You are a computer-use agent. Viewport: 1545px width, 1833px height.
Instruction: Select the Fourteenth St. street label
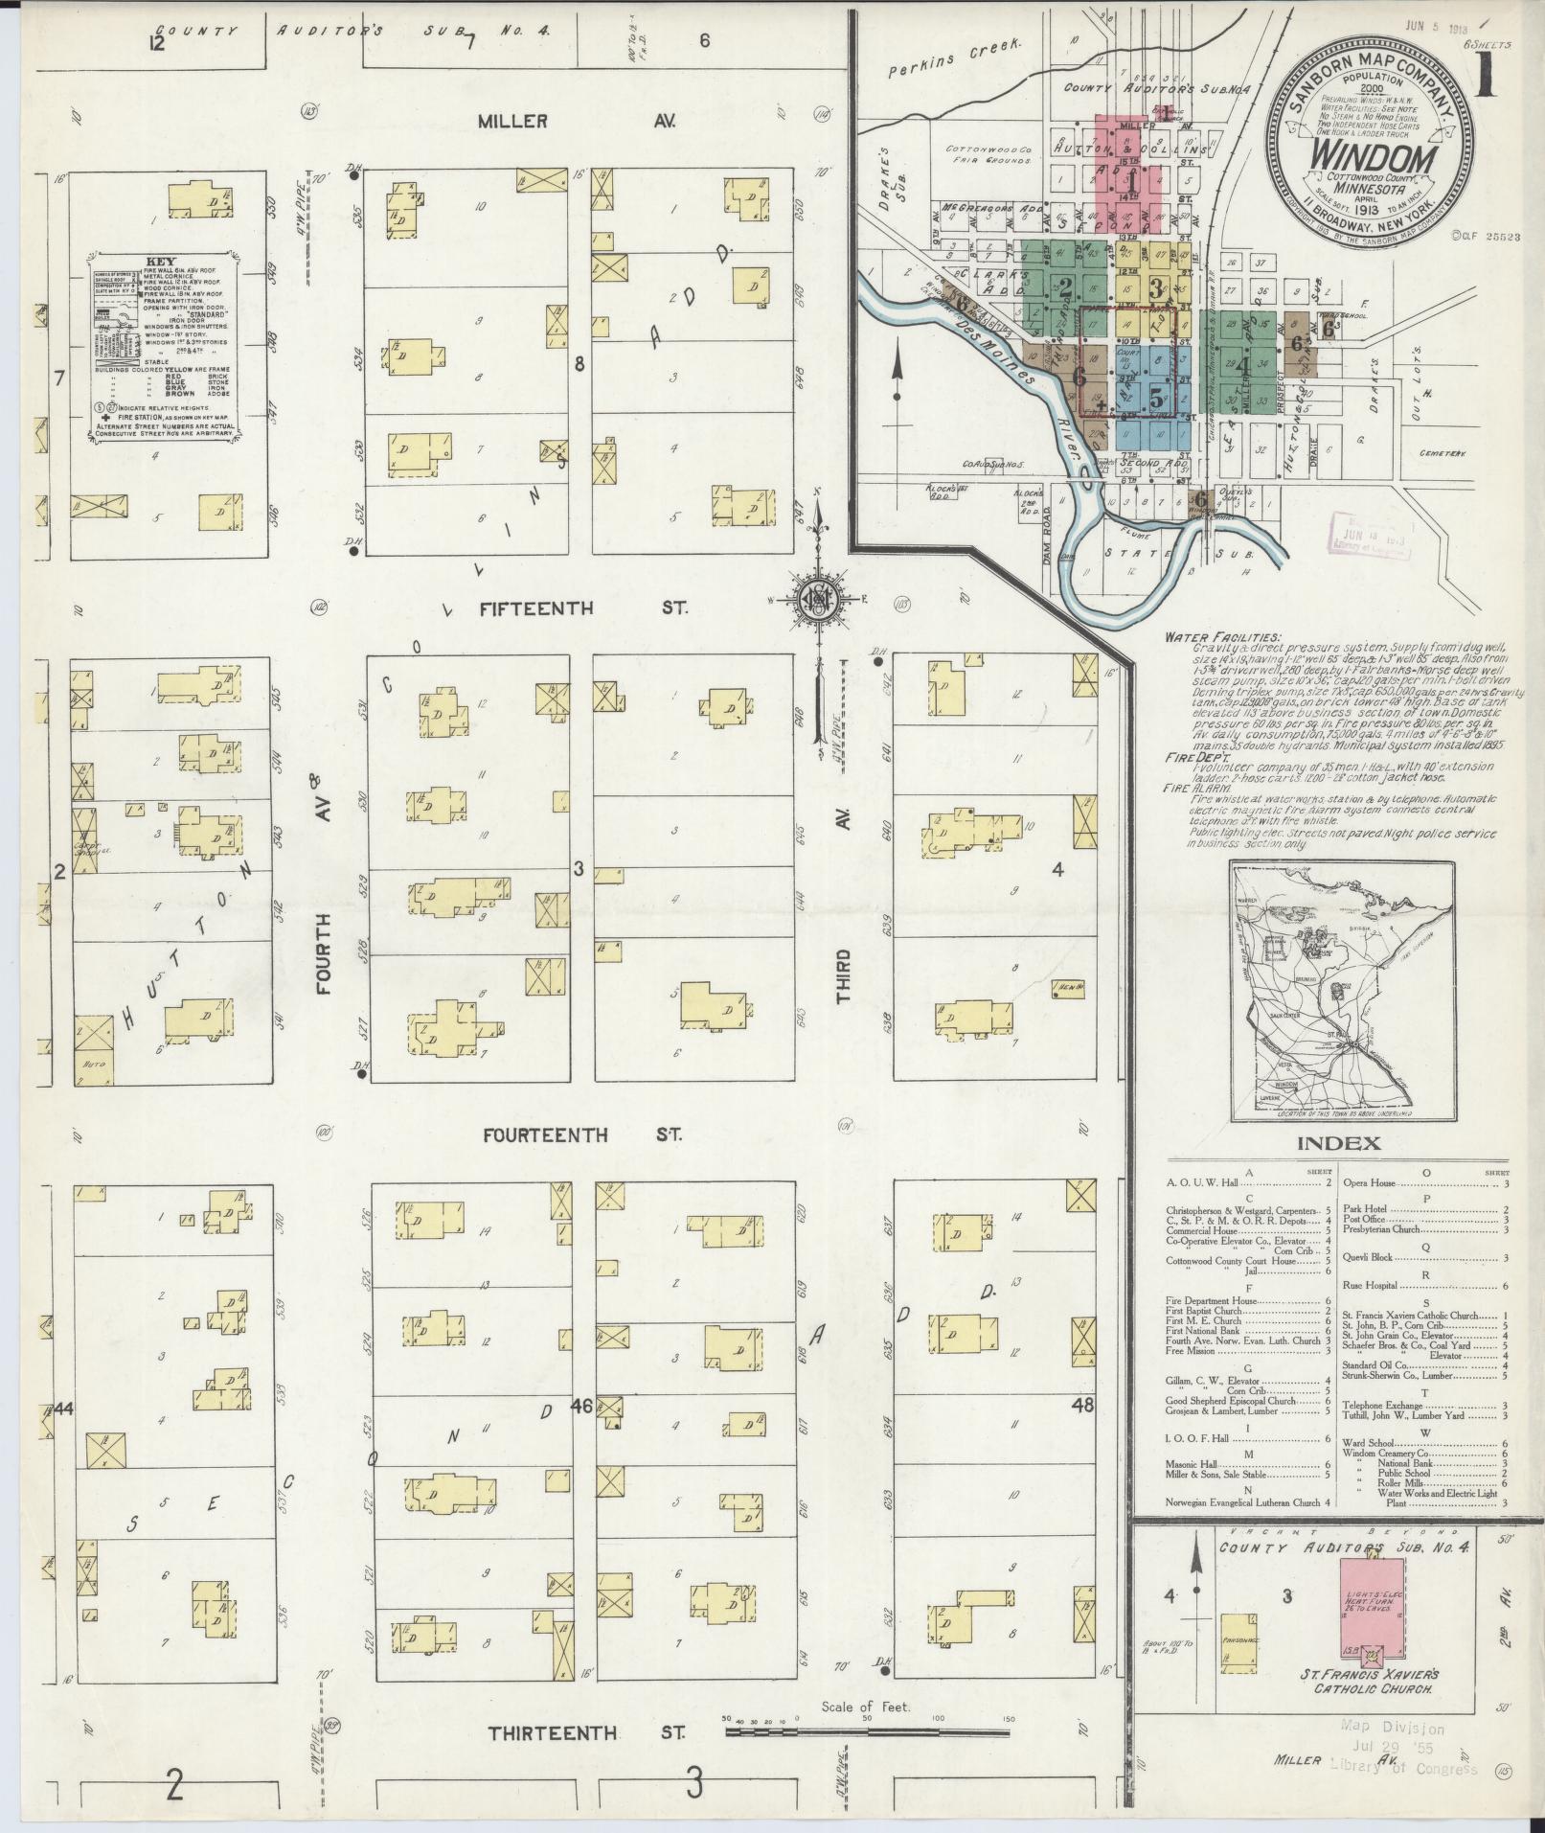pos(582,1135)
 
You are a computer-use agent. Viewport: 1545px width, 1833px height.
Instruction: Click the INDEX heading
pos(1338,1143)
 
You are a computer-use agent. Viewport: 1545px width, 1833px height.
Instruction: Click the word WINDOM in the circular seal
pos(1372,155)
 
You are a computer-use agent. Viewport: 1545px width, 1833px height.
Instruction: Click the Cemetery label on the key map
pos(1443,453)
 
